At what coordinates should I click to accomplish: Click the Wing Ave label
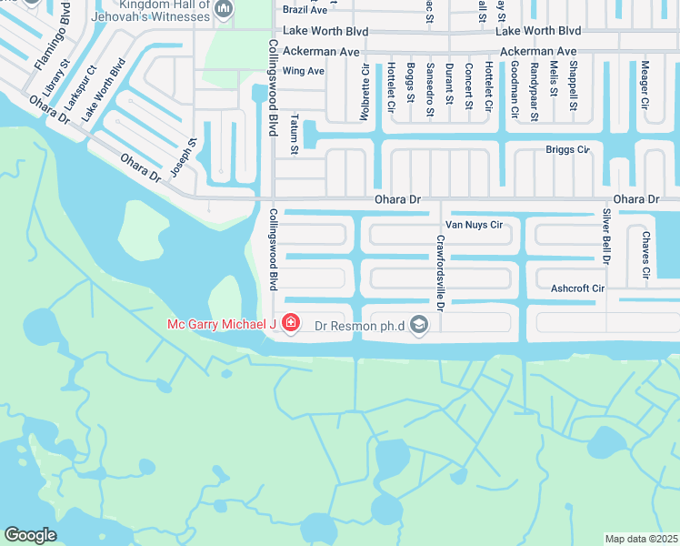click(x=304, y=71)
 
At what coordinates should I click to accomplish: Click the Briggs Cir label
click(x=567, y=149)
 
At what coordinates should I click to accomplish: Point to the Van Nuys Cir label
click(x=473, y=225)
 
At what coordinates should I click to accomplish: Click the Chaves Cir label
click(x=645, y=254)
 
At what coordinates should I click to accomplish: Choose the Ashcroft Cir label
click(x=577, y=288)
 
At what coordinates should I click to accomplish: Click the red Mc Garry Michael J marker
click(x=291, y=323)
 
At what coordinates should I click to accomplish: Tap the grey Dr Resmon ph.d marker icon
click(x=419, y=324)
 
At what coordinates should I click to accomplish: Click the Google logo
click(x=30, y=535)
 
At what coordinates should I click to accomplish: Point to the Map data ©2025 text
click(x=641, y=539)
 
